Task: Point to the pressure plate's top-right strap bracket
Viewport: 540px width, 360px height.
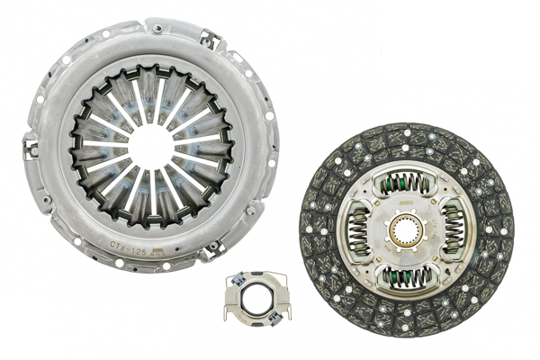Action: coord(211,40)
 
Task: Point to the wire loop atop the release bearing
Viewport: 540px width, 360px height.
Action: coord(256,275)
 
